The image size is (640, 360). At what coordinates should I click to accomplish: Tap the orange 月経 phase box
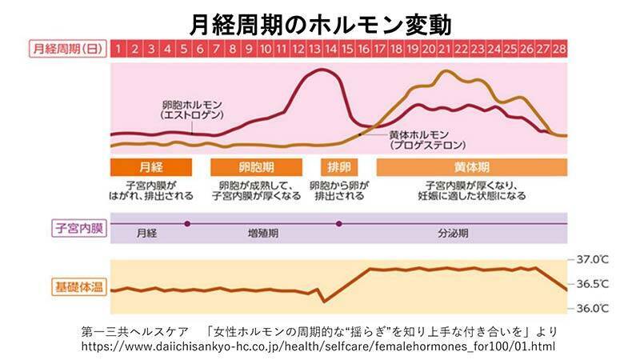click(x=150, y=167)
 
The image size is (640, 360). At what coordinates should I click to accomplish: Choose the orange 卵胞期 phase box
click(x=256, y=167)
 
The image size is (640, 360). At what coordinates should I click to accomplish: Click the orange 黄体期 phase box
click(x=471, y=167)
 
